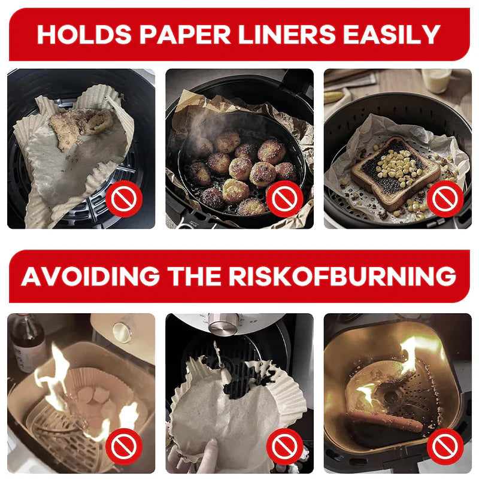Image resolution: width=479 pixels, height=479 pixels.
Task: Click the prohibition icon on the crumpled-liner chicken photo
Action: coord(124,198)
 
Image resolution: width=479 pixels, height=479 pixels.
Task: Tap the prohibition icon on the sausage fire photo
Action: coord(445,446)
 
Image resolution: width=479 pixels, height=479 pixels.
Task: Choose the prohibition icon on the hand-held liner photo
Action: coord(284,446)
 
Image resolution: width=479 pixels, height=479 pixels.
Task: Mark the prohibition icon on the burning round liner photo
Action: coord(124,446)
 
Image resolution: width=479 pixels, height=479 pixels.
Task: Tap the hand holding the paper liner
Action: coord(198,456)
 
